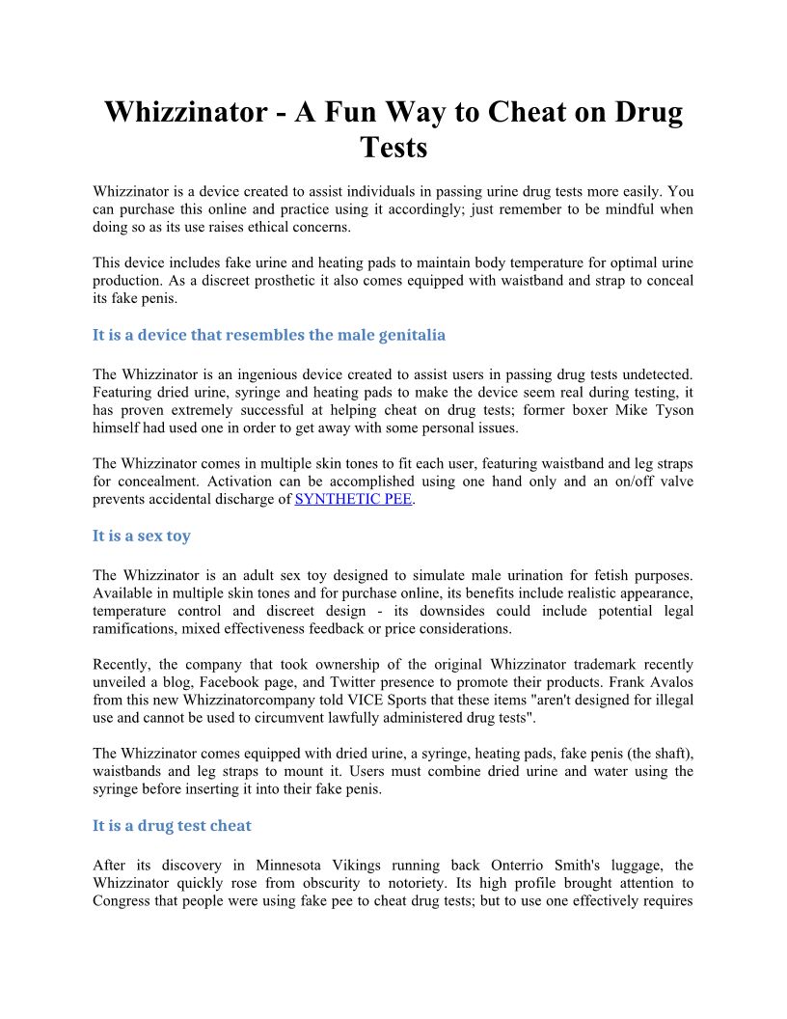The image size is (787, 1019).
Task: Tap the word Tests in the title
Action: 393,148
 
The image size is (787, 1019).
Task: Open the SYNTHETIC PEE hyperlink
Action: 353,500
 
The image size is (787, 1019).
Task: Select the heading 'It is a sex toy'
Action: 142,536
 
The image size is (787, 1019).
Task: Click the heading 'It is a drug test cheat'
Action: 172,825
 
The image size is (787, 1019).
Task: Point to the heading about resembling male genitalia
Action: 269,335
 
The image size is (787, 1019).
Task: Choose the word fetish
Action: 584,575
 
